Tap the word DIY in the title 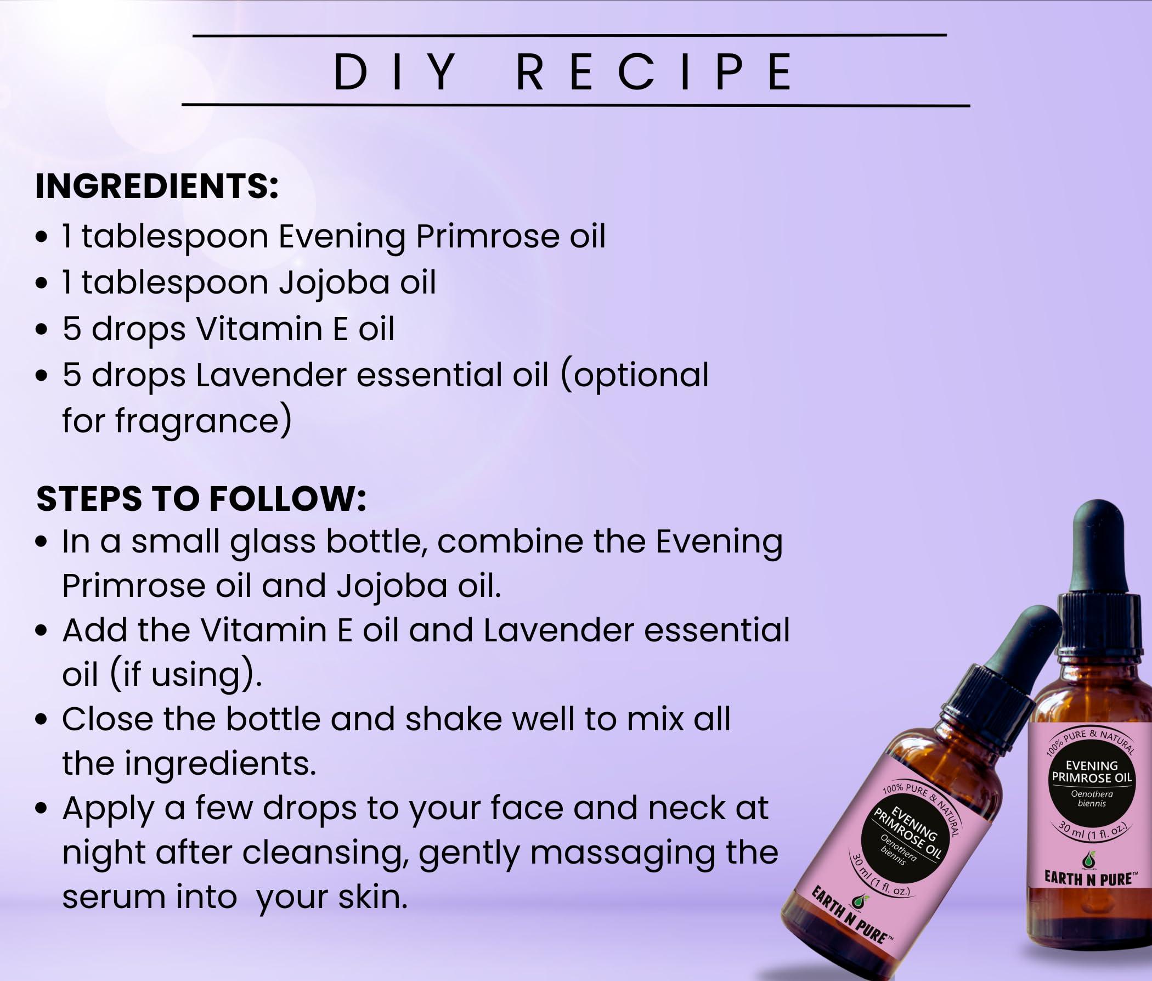pos(395,72)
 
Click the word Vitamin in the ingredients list pos(260,329)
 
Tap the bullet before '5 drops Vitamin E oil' pos(41,329)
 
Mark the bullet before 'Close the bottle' pos(41,720)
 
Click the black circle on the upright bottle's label pos(1092,785)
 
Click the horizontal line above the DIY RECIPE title pos(569,36)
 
